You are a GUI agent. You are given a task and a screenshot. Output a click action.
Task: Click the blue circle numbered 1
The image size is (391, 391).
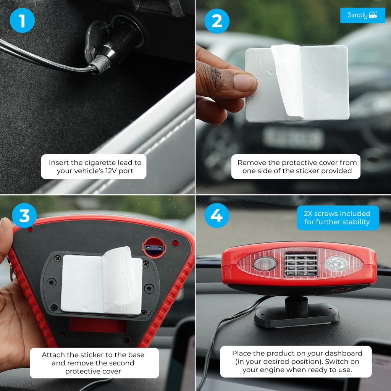tap(22, 20)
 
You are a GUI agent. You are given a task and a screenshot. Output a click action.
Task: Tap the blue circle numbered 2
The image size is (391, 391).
tap(217, 21)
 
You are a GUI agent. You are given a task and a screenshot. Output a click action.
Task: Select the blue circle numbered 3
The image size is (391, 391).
tap(24, 215)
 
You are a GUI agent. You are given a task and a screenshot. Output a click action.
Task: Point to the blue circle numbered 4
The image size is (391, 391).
tap(217, 215)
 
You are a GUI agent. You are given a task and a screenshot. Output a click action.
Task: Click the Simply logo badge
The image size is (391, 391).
tap(363, 15)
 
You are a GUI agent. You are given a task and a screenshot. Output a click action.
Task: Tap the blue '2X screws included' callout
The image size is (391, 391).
tap(338, 218)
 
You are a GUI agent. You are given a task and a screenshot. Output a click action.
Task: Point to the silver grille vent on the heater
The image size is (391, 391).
tap(301, 263)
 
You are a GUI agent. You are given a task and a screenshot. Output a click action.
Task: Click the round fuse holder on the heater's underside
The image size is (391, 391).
tap(154, 248)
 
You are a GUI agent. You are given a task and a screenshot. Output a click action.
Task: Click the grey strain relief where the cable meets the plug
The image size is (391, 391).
tap(100, 64)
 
